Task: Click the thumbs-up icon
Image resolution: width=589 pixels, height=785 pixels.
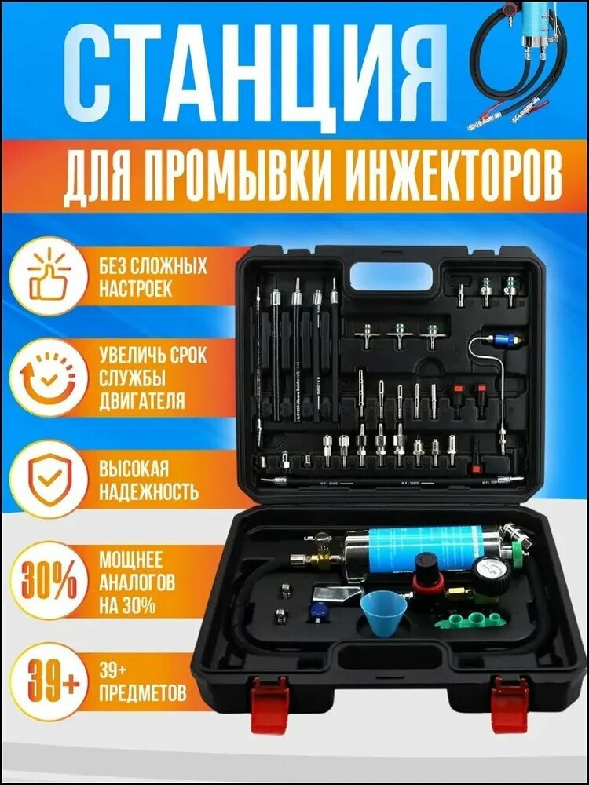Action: (49, 279)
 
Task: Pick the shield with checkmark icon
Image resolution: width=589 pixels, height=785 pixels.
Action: (49, 479)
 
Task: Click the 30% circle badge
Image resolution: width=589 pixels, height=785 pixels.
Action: (49, 582)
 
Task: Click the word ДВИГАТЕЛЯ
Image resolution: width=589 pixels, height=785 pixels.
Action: (142, 401)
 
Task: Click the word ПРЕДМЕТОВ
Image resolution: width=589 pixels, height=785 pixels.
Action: (143, 693)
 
